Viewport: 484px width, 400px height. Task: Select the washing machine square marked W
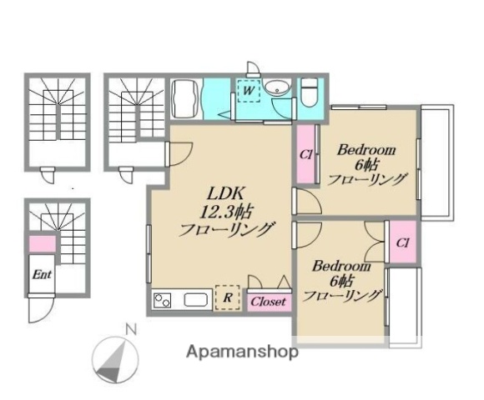tap(250, 90)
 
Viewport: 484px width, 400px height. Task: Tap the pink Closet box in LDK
tap(268, 301)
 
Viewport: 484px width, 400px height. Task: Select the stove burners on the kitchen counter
tap(162, 300)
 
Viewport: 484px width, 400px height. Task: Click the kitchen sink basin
tap(196, 300)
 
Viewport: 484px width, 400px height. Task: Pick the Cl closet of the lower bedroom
tap(402, 242)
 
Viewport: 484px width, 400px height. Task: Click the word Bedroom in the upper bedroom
tap(366, 149)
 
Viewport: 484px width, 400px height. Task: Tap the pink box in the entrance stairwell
tap(41, 244)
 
